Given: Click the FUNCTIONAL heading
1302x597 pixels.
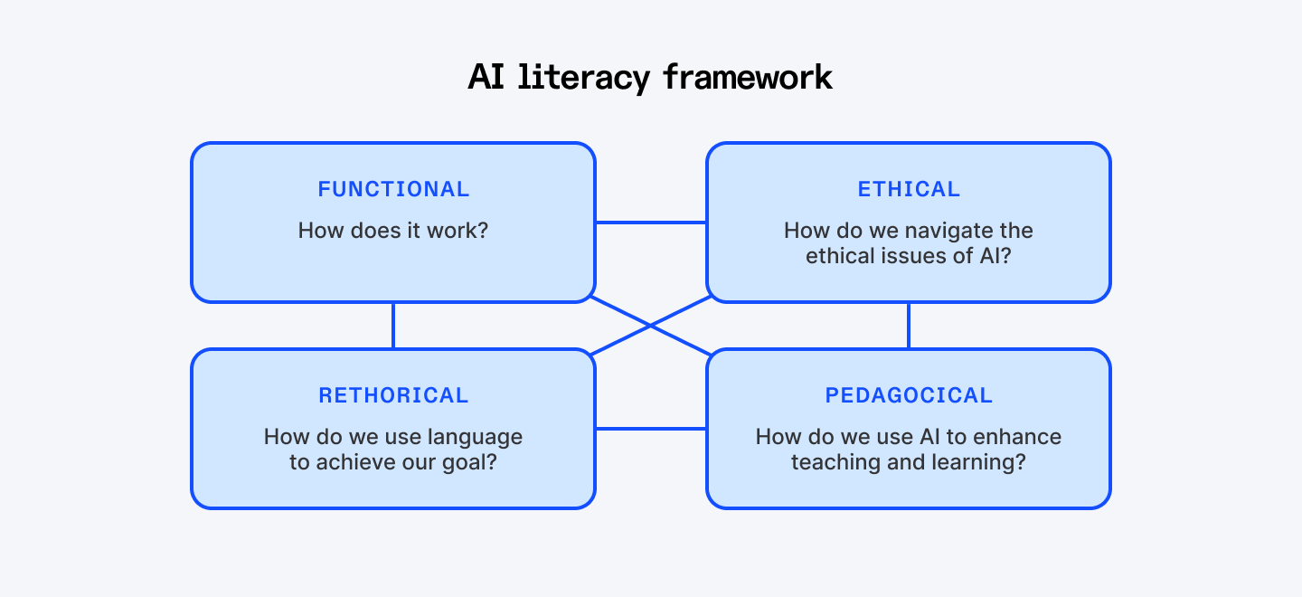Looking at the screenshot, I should click(393, 189).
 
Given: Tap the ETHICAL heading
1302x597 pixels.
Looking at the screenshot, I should click(909, 189).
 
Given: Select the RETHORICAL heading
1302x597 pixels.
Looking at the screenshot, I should click(393, 395).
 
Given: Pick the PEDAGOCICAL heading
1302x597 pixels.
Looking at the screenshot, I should click(909, 395).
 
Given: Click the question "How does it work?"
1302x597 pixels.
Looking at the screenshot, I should click(393, 230).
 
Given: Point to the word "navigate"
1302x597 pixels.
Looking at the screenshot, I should click(939, 231).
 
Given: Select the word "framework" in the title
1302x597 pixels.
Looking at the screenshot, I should click(748, 77).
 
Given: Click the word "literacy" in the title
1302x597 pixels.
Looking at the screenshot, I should click(584, 77).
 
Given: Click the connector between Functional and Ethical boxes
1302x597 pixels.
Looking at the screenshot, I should click(651, 223).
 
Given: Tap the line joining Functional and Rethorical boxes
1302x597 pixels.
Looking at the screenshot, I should click(393, 326).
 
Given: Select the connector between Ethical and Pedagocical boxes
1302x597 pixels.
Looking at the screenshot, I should click(909, 326).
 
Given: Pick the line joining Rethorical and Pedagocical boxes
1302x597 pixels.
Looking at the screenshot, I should click(651, 429).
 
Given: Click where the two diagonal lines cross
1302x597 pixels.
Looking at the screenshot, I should click(651, 326).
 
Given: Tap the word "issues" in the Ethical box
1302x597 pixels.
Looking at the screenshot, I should click(915, 256).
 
